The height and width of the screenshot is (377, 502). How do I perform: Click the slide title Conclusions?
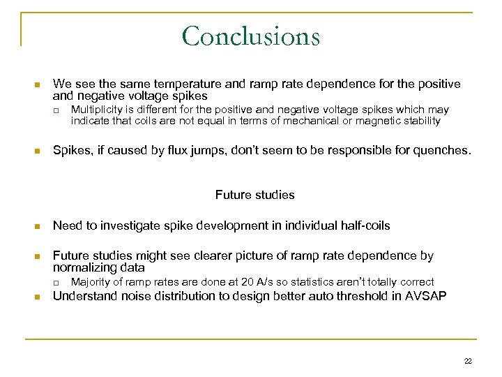pos(250,36)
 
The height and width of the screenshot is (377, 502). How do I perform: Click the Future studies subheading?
pos(254,195)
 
